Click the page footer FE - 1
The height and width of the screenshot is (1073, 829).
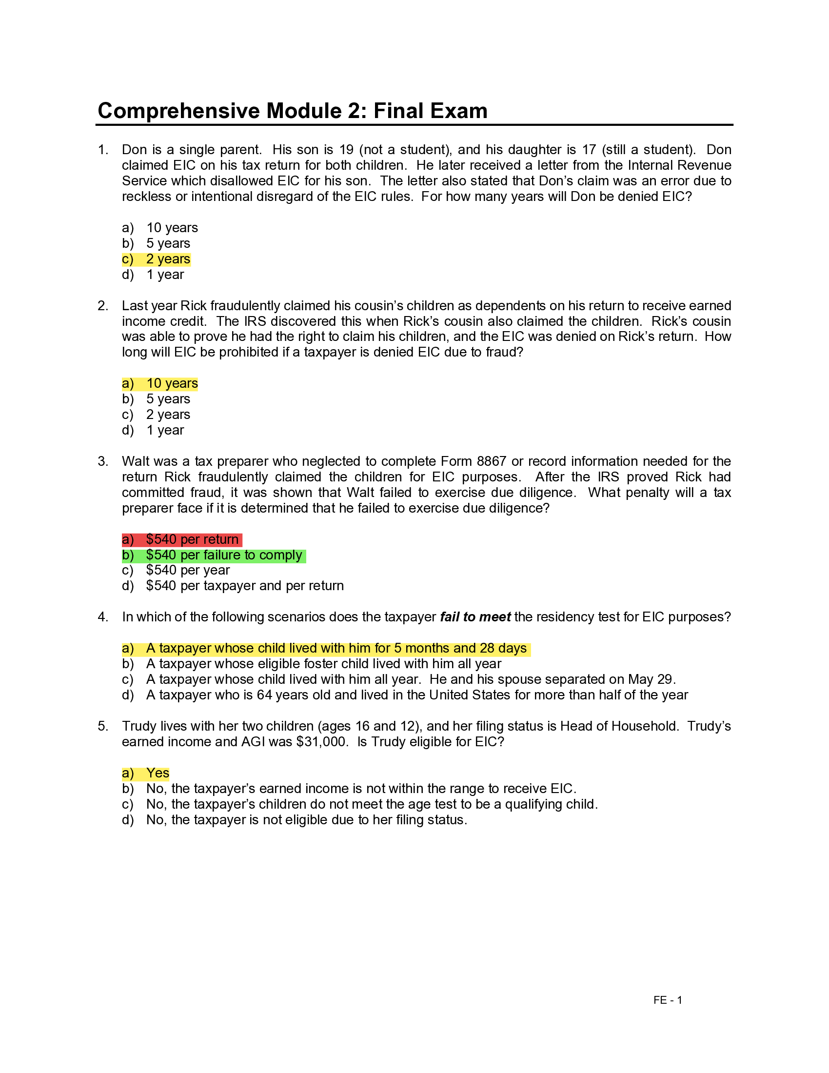pos(668,1000)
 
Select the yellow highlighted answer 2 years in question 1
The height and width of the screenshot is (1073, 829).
pos(168,259)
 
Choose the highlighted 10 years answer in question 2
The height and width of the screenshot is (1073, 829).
pos(172,383)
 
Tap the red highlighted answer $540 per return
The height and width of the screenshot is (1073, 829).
pos(192,539)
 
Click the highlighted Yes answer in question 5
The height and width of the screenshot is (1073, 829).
pos(158,773)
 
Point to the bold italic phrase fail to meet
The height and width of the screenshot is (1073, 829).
pos(475,617)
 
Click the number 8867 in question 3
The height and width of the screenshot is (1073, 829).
pos(491,461)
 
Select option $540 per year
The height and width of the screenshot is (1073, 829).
pos(188,571)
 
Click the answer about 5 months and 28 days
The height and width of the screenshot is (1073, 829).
pos(336,649)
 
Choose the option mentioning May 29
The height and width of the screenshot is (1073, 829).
pos(411,679)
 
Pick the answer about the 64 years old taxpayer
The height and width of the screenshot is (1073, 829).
pos(416,695)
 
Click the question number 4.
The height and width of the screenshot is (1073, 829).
pos(102,617)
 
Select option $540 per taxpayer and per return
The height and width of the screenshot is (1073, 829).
pos(245,586)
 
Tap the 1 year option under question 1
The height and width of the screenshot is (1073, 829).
pos(165,275)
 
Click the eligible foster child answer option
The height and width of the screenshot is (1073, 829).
pos(324,664)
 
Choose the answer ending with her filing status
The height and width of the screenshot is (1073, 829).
pos(306,820)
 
